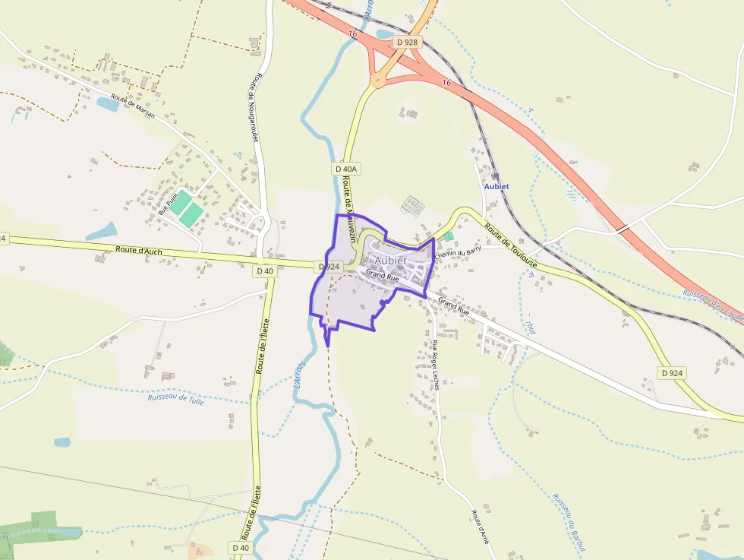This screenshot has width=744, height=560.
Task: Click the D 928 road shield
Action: click(x=407, y=43)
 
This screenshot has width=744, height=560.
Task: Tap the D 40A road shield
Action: click(x=345, y=169)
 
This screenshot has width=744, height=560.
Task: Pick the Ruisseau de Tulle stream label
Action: click(x=176, y=398)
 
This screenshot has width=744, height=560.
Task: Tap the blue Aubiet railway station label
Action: click(x=497, y=186)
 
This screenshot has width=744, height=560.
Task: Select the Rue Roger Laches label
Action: click(x=436, y=365)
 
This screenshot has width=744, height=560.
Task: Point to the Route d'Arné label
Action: click(x=479, y=527)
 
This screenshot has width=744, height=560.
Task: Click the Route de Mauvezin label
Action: click(x=350, y=208)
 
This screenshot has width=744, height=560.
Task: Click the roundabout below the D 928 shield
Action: click(x=377, y=80)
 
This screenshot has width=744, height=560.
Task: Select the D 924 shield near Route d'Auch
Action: click(x=329, y=267)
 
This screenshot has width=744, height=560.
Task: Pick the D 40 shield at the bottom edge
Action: click(x=241, y=548)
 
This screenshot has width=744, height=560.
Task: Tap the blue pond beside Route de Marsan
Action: click(x=108, y=104)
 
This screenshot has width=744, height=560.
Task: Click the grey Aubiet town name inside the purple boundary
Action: click(x=391, y=261)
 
